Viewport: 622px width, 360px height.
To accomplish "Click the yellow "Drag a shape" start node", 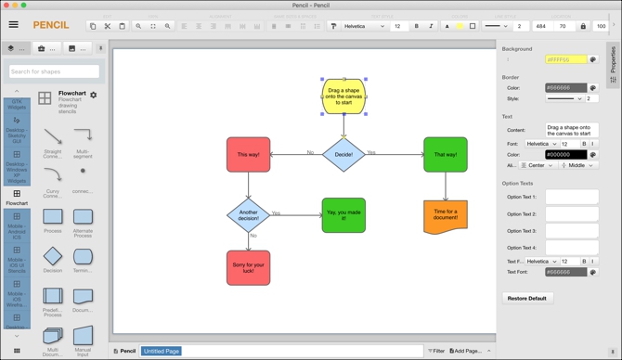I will coord(343,96).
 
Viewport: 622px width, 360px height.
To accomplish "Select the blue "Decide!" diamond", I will coord(343,154).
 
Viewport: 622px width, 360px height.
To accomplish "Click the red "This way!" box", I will coord(249,154).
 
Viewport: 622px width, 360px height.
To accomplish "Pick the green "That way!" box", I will coord(446,154).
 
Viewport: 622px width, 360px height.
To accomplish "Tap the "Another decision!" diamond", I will coord(248,214).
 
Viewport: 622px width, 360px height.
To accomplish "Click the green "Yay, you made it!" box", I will coord(343,215).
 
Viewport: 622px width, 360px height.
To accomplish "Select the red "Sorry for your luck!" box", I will coord(248,267).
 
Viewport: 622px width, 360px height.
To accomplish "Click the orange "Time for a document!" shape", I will coord(446,215).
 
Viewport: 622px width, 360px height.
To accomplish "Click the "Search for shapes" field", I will coord(54,71).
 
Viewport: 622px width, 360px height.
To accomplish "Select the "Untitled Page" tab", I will coord(162,351).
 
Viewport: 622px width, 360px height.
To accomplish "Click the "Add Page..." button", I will coord(467,351).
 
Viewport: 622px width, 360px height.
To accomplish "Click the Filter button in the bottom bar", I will coord(436,351).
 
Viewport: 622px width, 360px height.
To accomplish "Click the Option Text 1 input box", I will coord(571,198).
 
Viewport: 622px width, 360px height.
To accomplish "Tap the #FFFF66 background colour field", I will coord(565,59).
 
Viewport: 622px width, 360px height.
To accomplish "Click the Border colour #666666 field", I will coord(565,88).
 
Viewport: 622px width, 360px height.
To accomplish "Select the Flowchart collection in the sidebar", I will coord(17,198).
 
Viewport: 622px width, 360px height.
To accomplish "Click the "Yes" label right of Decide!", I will coord(371,152).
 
